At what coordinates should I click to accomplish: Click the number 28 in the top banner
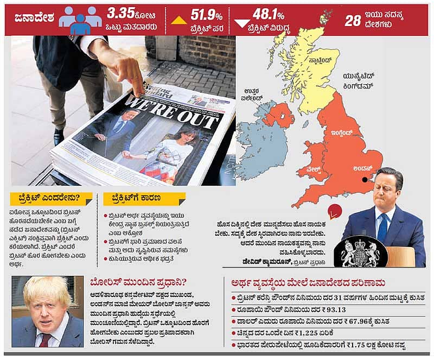pos(353,20)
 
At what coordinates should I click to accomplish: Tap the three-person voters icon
pos(80,20)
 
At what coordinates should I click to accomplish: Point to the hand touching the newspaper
pos(125,68)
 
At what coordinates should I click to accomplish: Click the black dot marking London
pos(365,179)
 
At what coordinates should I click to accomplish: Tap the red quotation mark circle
pos(335,211)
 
